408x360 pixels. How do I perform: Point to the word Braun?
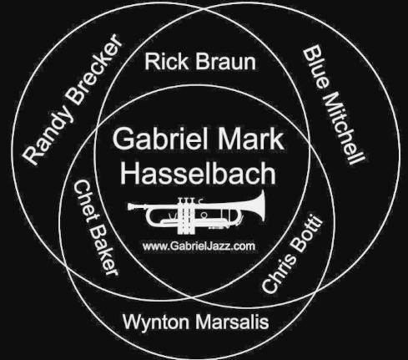[x=225, y=62]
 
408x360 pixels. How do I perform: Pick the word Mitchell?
[x=345, y=129]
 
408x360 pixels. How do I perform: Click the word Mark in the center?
[x=251, y=139]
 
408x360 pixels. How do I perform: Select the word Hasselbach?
[x=198, y=173]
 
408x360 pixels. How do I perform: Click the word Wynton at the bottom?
[x=156, y=322]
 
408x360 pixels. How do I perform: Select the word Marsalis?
[x=232, y=322]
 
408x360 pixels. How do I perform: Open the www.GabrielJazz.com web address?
[x=199, y=246]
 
